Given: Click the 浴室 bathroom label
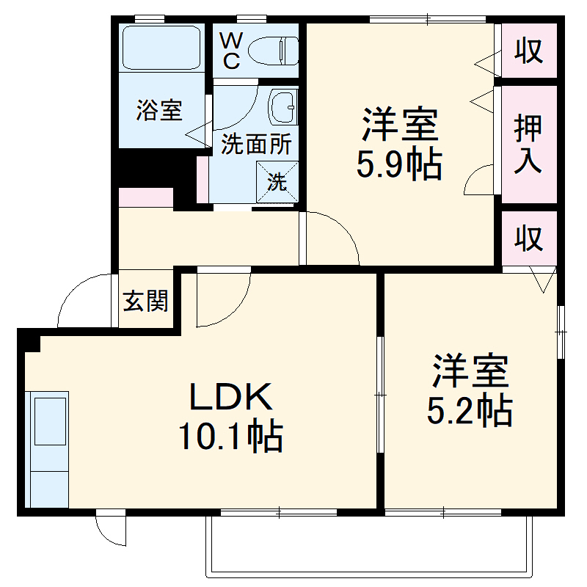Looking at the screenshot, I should click(x=159, y=111).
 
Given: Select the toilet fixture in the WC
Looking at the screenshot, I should click(x=273, y=51).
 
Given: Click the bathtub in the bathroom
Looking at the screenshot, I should click(x=161, y=48).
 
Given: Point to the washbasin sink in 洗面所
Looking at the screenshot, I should click(x=282, y=107).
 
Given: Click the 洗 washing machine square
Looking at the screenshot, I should click(x=277, y=181).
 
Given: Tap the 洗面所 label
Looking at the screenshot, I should click(x=256, y=145).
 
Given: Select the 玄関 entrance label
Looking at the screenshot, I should click(x=145, y=301).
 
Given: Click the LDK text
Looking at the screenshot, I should click(x=231, y=398).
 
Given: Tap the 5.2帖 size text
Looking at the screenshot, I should click(x=470, y=412).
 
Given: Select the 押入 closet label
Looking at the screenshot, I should click(x=528, y=144).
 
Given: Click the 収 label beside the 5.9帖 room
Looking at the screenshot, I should click(x=528, y=51).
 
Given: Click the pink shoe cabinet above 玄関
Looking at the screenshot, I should click(x=145, y=197).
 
